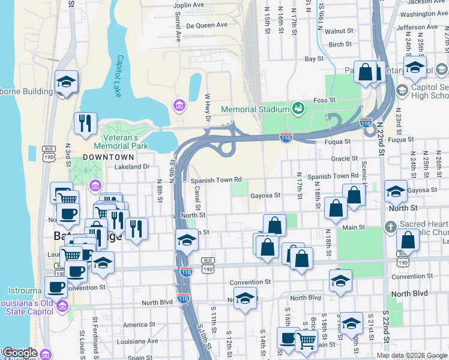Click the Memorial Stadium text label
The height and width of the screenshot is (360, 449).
click(x=255, y=109)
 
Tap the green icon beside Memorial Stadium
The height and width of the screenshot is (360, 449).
click(x=297, y=108)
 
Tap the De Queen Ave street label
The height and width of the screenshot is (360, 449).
click(x=206, y=25)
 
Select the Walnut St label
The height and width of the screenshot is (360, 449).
click(x=339, y=31)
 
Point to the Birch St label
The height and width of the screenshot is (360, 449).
click(x=340, y=44)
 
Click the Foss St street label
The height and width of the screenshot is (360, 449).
click(x=340, y=100)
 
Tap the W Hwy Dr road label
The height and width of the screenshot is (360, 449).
click(x=208, y=106)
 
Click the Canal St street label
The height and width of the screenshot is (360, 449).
click(x=197, y=194)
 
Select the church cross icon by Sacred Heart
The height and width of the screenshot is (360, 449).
click(x=390, y=227)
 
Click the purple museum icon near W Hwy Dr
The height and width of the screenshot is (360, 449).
click(x=178, y=106)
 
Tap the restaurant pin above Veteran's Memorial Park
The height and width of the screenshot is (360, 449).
click(x=85, y=123)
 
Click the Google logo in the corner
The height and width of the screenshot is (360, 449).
click(x=20, y=353)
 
